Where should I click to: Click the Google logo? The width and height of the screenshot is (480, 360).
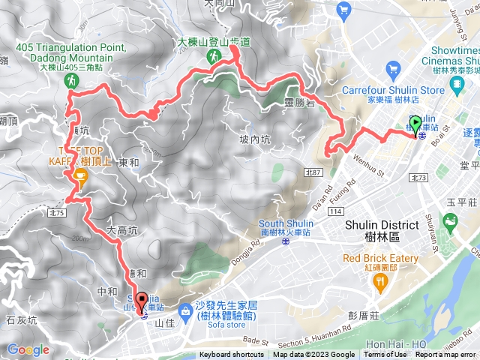[28, 349]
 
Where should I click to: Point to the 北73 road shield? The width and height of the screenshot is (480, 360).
[419, 178]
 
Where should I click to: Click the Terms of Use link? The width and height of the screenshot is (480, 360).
[385, 355]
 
